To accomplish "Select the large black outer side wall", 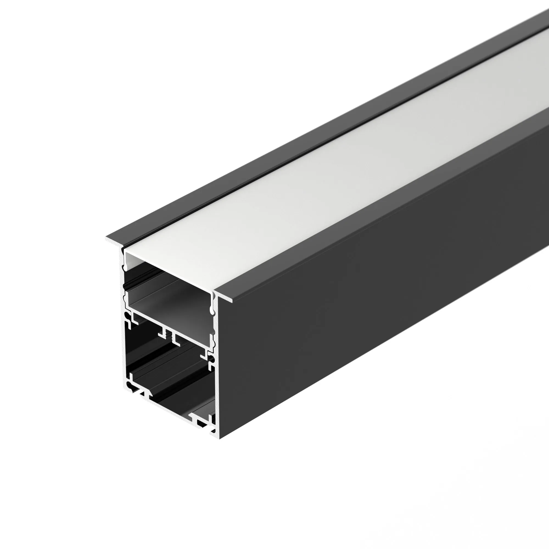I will pyautogui.click(x=369, y=284).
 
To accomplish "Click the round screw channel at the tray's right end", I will pyautogui.click(x=212, y=360).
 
